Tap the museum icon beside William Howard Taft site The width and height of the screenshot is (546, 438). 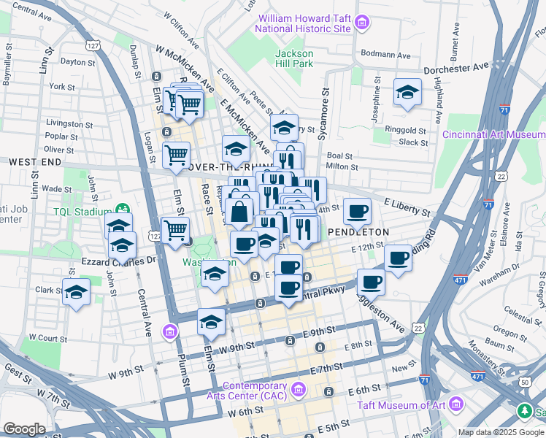pos(361,24)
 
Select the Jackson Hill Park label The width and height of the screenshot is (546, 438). pos(294,59)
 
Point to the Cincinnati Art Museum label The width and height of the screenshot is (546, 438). pos(494,134)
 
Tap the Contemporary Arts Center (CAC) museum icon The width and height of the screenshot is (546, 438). pos(298,391)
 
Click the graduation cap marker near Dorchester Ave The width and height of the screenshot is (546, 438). pos(407,93)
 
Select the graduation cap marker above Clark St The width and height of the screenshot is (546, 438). pos(76,293)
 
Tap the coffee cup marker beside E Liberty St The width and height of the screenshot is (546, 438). pos(357,212)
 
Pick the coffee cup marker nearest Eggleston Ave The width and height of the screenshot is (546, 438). pos(371,282)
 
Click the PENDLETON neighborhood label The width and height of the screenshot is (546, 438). pos(358,231)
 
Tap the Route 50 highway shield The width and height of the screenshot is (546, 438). pos(526,382)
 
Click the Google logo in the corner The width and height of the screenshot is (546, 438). pos(25,429)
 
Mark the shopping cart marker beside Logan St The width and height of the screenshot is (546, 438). pos(176,155)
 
